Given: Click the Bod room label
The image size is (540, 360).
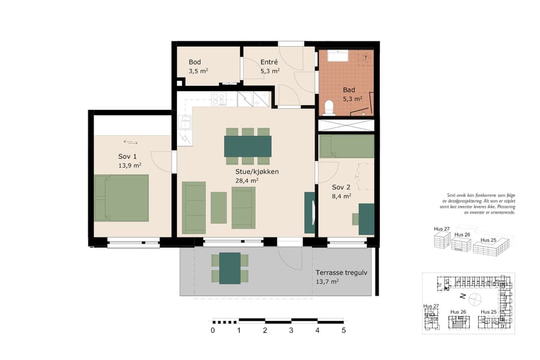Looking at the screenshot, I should point(195,62).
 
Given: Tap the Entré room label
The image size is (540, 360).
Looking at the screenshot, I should point(269,62).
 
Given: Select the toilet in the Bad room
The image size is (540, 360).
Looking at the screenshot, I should point(328,108).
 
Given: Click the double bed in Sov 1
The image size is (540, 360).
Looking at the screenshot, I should point(121,197).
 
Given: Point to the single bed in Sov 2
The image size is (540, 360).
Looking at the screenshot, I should point(346,146).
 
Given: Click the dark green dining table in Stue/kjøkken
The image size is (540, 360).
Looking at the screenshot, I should point(247,146).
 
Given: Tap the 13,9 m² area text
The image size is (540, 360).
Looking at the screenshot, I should point(130,166).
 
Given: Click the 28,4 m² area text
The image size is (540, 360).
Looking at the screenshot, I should point(247,180).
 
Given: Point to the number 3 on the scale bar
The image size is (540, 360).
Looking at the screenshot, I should point(291,330).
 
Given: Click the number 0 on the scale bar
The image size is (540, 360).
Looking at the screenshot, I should point(213,330).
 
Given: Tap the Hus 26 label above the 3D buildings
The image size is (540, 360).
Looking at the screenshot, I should point(462,235).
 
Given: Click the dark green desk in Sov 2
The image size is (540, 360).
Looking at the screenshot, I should point(367,219).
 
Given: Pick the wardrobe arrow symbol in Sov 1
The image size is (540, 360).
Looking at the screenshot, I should point(130,142).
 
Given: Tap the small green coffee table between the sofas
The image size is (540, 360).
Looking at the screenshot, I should point(218,208).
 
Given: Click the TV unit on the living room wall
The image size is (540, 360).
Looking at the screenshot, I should point(310,212).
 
